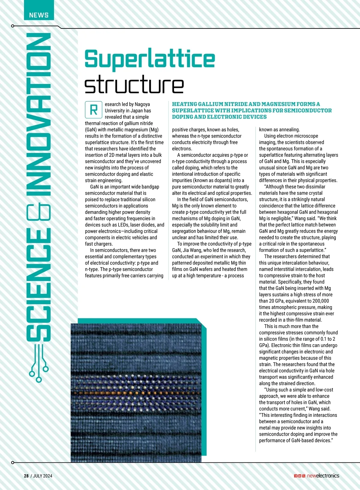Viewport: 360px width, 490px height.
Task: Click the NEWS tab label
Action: click(39, 15)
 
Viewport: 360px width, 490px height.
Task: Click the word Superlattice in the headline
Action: click(150, 59)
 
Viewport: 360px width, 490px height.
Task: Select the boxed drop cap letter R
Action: click(94, 110)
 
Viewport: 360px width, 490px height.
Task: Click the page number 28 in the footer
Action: click(26, 476)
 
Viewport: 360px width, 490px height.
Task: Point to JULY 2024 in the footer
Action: click(43, 476)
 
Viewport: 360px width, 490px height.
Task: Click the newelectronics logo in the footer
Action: click(323, 476)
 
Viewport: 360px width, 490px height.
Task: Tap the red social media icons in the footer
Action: click(299, 476)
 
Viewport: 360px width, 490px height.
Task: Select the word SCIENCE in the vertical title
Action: click(38, 285)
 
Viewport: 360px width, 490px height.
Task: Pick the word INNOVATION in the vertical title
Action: click(38, 114)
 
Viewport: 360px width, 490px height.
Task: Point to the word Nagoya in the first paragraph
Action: click(142, 104)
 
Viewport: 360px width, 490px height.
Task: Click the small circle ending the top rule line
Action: click(13, 26)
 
